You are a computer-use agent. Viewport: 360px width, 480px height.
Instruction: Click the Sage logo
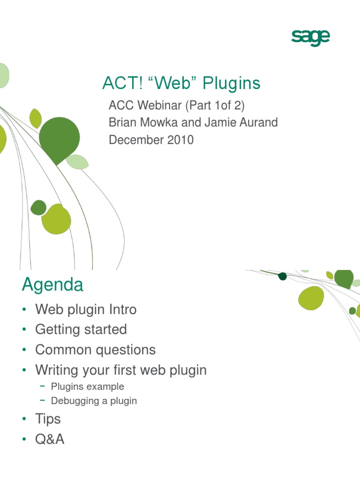(x=310, y=37)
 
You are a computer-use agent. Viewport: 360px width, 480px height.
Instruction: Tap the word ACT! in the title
(x=118, y=83)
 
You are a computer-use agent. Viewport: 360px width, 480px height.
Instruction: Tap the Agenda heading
(x=52, y=285)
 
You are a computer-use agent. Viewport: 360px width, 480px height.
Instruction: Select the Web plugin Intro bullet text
(x=86, y=309)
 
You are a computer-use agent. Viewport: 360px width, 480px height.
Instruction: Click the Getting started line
(x=81, y=330)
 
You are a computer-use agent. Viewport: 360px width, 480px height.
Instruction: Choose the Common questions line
(x=95, y=350)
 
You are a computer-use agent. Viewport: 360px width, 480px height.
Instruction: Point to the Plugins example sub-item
(x=87, y=387)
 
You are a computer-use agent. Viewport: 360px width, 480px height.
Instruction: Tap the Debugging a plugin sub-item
(x=94, y=401)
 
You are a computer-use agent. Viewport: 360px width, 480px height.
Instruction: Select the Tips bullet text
(x=48, y=419)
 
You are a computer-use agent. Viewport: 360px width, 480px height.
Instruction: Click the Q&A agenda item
(x=50, y=439)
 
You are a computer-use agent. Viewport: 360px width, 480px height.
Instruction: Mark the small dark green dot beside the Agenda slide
(x=282, y=276)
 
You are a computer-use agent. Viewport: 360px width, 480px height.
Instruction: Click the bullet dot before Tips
(x=24, y=419)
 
